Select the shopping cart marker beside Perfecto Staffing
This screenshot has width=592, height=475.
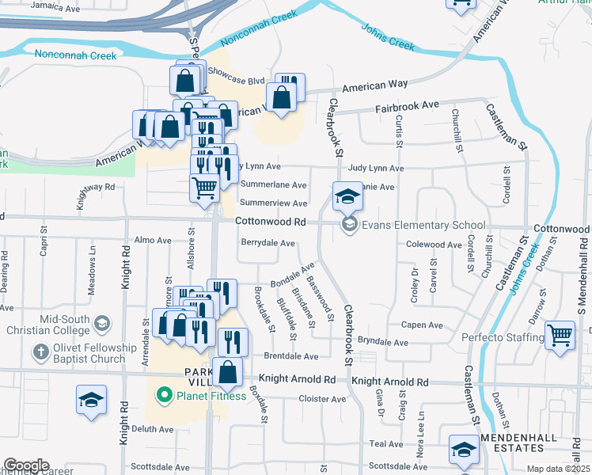[560, 336]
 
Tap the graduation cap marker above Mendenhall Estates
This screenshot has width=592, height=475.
[463, 450]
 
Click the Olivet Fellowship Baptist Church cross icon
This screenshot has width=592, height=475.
[40, 351]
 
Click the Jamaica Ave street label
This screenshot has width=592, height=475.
[54, 9]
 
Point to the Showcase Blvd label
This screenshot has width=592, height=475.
[236, 81]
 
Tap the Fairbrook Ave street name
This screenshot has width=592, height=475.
[407, 105]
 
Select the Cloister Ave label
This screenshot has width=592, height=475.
[322, 399]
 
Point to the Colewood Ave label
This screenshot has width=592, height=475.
[433, 245]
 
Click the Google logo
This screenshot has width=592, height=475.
[26, 465]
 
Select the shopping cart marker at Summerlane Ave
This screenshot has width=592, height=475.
[204, 188]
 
